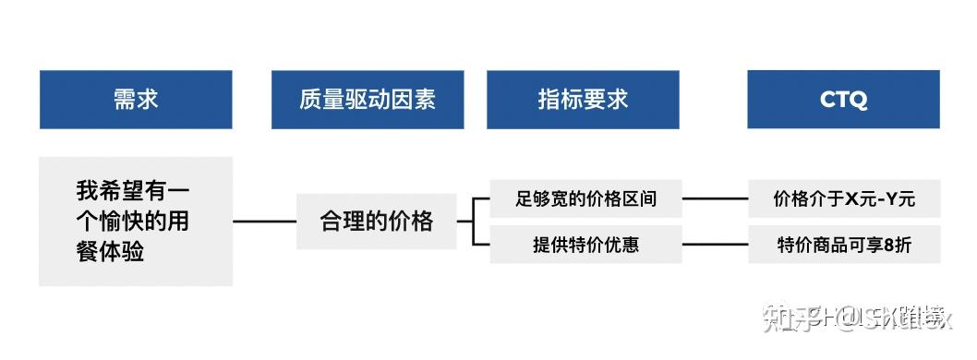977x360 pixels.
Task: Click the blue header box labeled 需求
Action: click(x=136, y=100)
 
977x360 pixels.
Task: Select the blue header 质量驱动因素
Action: click(x=368, y=100)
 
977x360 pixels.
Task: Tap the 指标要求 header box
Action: click(x=583, y=100)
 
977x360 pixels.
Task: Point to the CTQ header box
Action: click(x=843, y=100)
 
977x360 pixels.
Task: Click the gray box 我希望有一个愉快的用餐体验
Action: click(x=136, y=222)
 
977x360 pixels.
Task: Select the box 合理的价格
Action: click(x=376, y=222)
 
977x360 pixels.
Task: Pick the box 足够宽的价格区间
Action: click(x=585, y=198)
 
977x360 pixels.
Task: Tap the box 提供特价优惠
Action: click(x=585, y=245)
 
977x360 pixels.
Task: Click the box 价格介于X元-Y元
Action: click(x=844, y=198)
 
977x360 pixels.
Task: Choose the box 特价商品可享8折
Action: click(x=844, y=245)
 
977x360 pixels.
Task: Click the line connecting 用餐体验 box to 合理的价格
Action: click(x=264, y=222)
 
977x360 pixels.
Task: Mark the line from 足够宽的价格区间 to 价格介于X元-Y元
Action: click(x=715, y=198)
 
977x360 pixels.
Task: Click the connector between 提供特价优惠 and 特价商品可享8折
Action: click(x=715, y=245)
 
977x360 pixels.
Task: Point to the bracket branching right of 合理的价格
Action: click(x=473, y=222)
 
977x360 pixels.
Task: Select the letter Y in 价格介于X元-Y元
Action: click(x=893, y=198)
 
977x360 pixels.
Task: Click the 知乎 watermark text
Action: click(x=784, y=319)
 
